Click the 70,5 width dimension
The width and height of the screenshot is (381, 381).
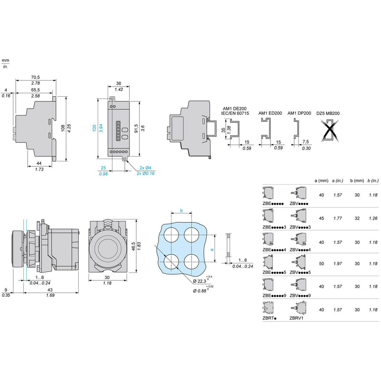(x=35, y=77)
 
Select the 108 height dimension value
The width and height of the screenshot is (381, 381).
(x=63, y=128)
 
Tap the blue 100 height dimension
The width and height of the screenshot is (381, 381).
(x=94, y=128)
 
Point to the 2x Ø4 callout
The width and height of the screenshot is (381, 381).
(x=145, y=168)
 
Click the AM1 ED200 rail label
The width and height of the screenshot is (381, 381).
(x=270, y=113)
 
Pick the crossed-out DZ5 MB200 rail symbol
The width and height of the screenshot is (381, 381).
(x=330, y=130)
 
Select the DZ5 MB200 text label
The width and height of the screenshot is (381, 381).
(x=328, y=113)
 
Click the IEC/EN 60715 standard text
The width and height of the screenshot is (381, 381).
(x=235, y=113)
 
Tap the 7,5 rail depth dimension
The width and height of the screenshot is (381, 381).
(x=306, y=141)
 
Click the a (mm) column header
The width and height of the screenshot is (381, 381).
(x=321, y=180)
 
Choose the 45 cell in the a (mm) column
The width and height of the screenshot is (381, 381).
(x=321, y=218)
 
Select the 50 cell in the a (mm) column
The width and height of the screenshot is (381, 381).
(x=321, y=263)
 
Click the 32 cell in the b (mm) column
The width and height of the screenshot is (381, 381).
(x=357, y=218)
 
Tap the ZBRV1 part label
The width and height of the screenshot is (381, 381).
(x=296, y=318)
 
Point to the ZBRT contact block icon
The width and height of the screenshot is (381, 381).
(x=268, y=308)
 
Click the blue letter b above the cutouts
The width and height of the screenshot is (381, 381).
(x=181, y=211)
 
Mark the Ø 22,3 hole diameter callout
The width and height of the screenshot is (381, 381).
(x=200, y=281)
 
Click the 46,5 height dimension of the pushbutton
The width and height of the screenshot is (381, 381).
(x=133, y=246)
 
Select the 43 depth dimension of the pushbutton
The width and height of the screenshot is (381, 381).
(x=50, y=290)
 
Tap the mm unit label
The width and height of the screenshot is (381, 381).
(x=5, y=60)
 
